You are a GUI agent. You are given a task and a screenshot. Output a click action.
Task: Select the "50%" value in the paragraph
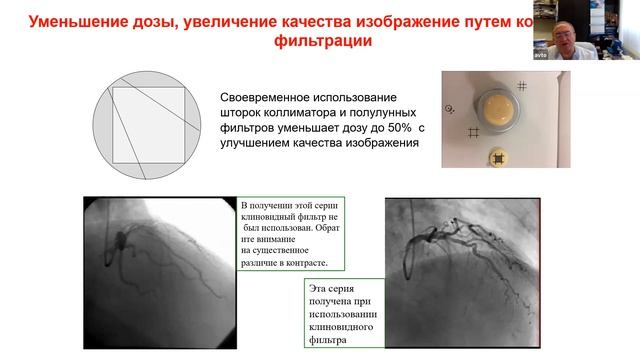[392, 129]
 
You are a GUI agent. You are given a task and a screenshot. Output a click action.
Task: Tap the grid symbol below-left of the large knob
[473, 132]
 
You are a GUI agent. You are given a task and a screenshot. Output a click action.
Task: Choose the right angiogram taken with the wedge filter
[462, 271]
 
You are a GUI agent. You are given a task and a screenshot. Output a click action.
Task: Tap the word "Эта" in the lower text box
[318, 287]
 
